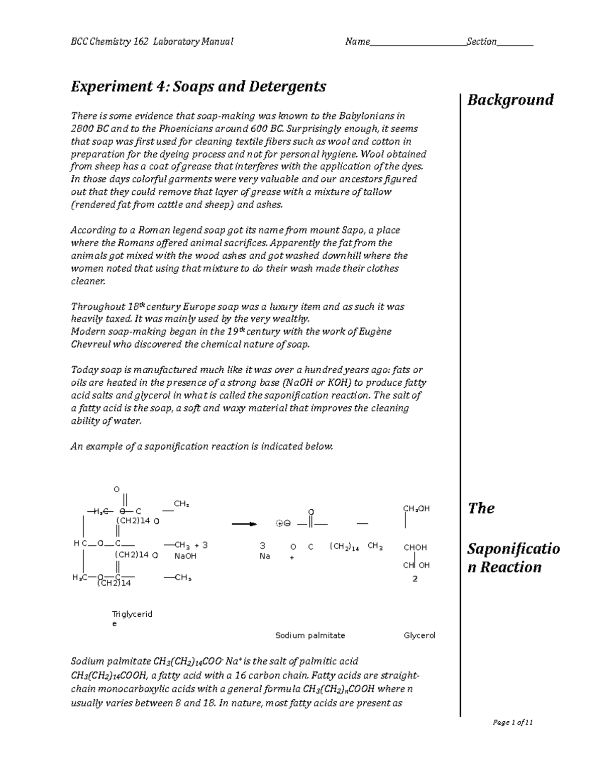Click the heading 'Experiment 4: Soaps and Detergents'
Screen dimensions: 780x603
198,87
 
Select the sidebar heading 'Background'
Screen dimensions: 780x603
510,100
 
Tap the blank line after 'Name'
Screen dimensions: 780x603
418,43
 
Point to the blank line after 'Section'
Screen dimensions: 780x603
515,43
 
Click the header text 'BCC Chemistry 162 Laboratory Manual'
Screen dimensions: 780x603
152,42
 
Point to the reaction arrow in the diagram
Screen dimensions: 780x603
244,524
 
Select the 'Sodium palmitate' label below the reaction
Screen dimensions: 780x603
310,635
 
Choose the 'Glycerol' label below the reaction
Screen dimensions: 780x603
420,635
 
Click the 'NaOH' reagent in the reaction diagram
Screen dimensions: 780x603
185,556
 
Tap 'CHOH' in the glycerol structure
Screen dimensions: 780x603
415,547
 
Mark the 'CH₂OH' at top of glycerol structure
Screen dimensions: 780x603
417,508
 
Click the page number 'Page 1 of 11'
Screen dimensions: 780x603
513,723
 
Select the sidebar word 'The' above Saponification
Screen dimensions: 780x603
481,508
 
